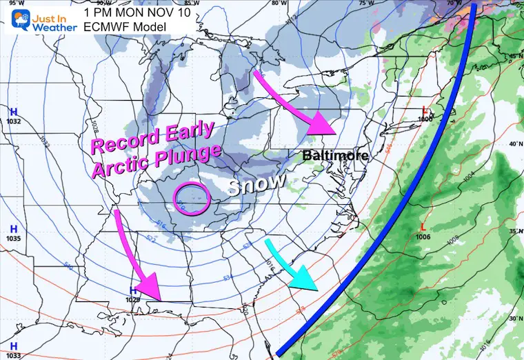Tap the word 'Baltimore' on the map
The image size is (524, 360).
(x=336, y=156)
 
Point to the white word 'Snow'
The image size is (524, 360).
(x=257, y=184)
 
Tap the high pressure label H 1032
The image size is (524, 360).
(x=13, y=116)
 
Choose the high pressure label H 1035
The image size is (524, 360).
(x=13, y=233)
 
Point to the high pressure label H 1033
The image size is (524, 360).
(x=13, y=350)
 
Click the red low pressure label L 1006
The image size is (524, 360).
(x=423, y=231)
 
